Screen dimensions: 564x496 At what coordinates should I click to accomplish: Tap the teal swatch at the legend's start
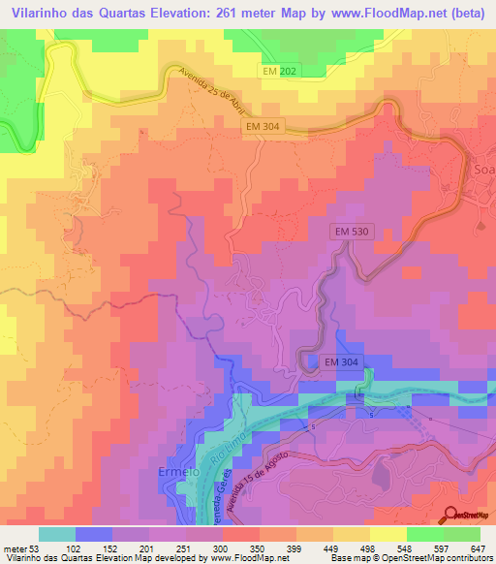tap(57, 534)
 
